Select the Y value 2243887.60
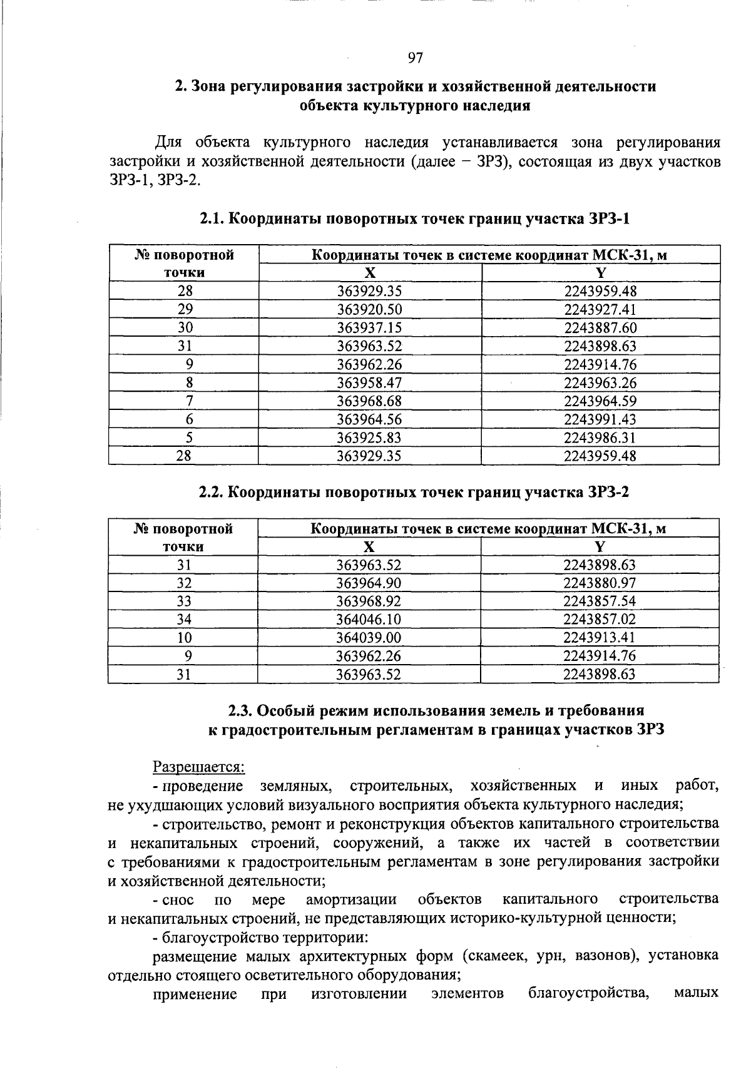click(x=600, y=328)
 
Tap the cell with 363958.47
click(x=369, y=383)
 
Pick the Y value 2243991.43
click(x=600, y=419)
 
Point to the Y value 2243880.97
click(x=600, y=583)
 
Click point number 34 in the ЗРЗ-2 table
click(x=184, y=620)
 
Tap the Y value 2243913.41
click(x=600, y=638)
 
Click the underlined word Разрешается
click(x=198, y=767)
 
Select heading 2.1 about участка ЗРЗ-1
click(x=414, y=219)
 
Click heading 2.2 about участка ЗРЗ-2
click(x=414, y=493)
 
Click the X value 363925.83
click(x=369, y=437)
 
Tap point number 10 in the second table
click(x=184, y=638)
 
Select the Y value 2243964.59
click(x=600, y=401)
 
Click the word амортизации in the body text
click(x=351, y=900)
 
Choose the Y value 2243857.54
click(x=600, y=601)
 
